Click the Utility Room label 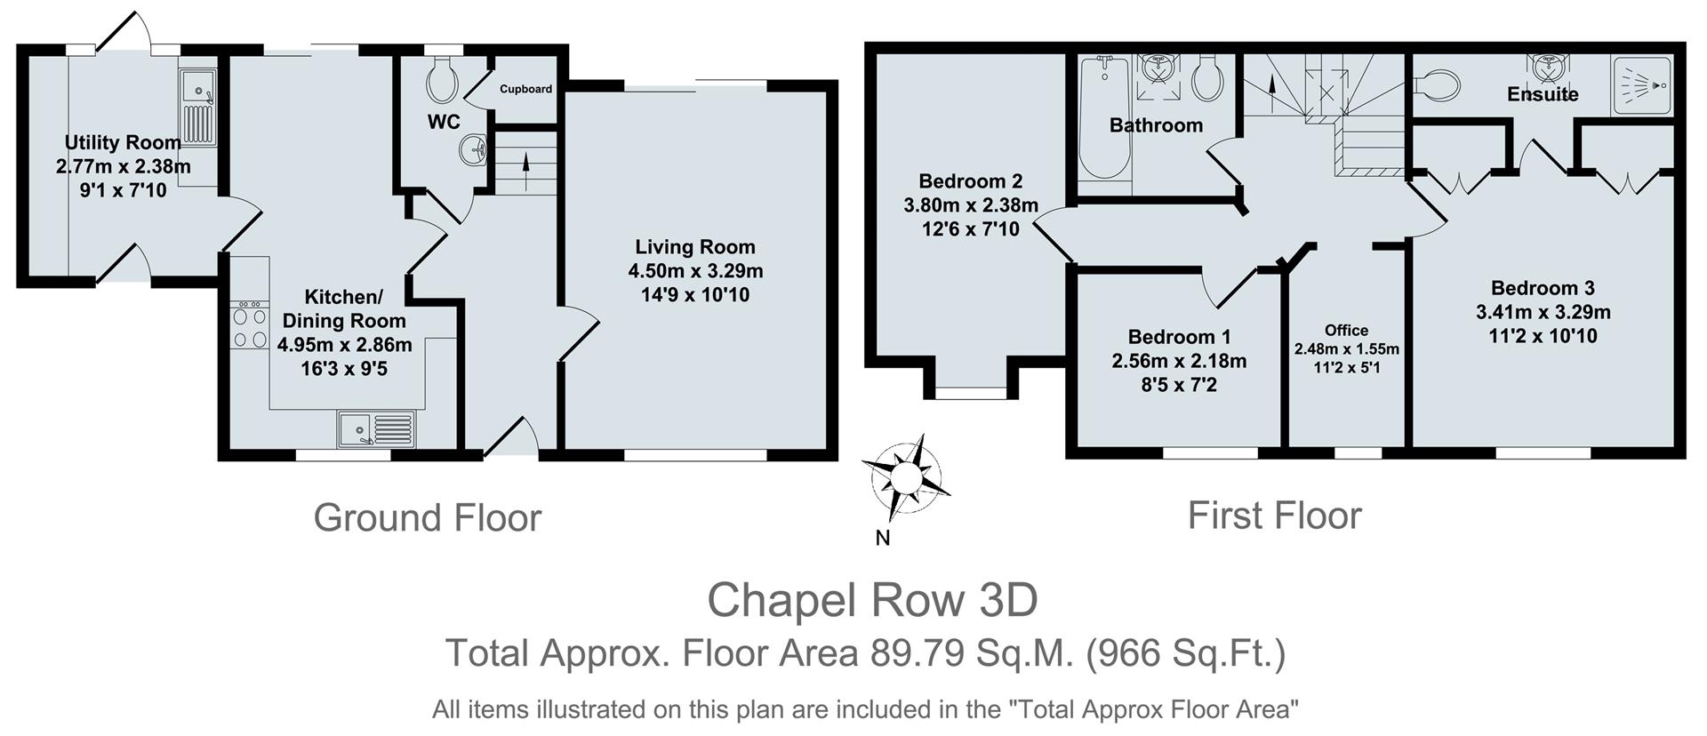click(123, 143)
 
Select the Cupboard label click(525, 89)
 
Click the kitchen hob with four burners click(250, 325)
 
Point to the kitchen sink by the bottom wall click(376, 428)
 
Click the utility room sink click(198, 108)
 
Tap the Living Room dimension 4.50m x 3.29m click(695, 271)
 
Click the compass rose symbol click(905, 478)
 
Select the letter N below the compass click(883, 538)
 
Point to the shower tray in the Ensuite click(1643, 85)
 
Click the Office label click(1346, 330)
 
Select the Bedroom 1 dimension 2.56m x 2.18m click(1179, 361)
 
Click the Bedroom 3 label click(1543, 288)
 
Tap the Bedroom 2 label click(971, 181)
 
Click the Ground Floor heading click(427, 518)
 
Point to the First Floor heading click(1274, 516)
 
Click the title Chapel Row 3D click(872, 600)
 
